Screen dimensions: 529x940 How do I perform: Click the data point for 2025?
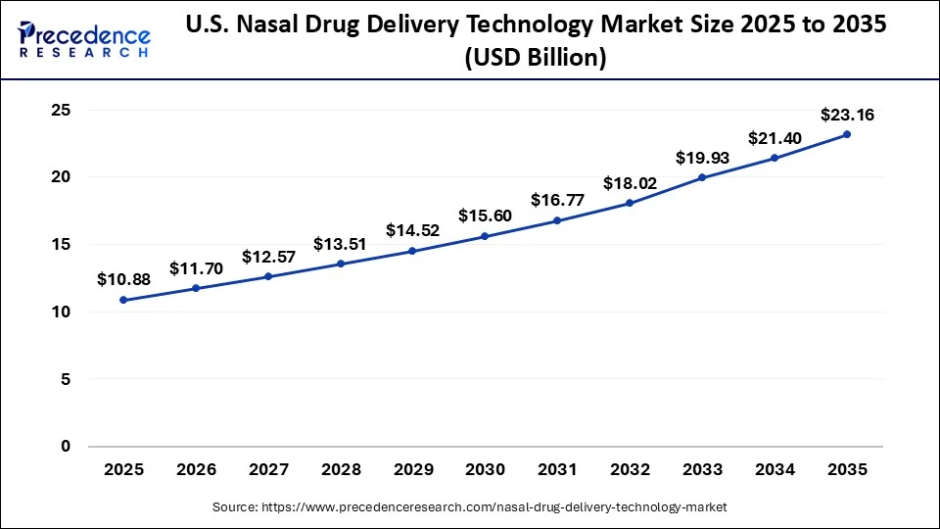coord(123,300)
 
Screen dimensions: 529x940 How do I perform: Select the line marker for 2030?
coord(485,236)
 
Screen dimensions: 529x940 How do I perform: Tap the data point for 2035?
coord(847,134)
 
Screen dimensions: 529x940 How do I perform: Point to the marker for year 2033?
coord(702,177)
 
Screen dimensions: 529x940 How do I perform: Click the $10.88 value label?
coord(123,279)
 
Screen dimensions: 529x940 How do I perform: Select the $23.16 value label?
coord(848,115)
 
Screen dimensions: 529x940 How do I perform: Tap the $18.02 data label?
coord(630,183)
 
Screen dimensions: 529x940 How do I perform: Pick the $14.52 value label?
coord(412,230)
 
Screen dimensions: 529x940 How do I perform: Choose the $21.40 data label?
coord(775,138)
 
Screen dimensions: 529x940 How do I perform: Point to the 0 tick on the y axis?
coord(66,447)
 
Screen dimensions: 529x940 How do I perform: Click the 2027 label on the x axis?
coord(268,470)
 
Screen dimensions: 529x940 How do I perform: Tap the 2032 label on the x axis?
coord(630,470)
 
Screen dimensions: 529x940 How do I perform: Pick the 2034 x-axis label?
coord(775,470)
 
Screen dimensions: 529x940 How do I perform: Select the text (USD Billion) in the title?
coord(537,59)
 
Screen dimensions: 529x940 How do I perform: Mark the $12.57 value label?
coord(268,256)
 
